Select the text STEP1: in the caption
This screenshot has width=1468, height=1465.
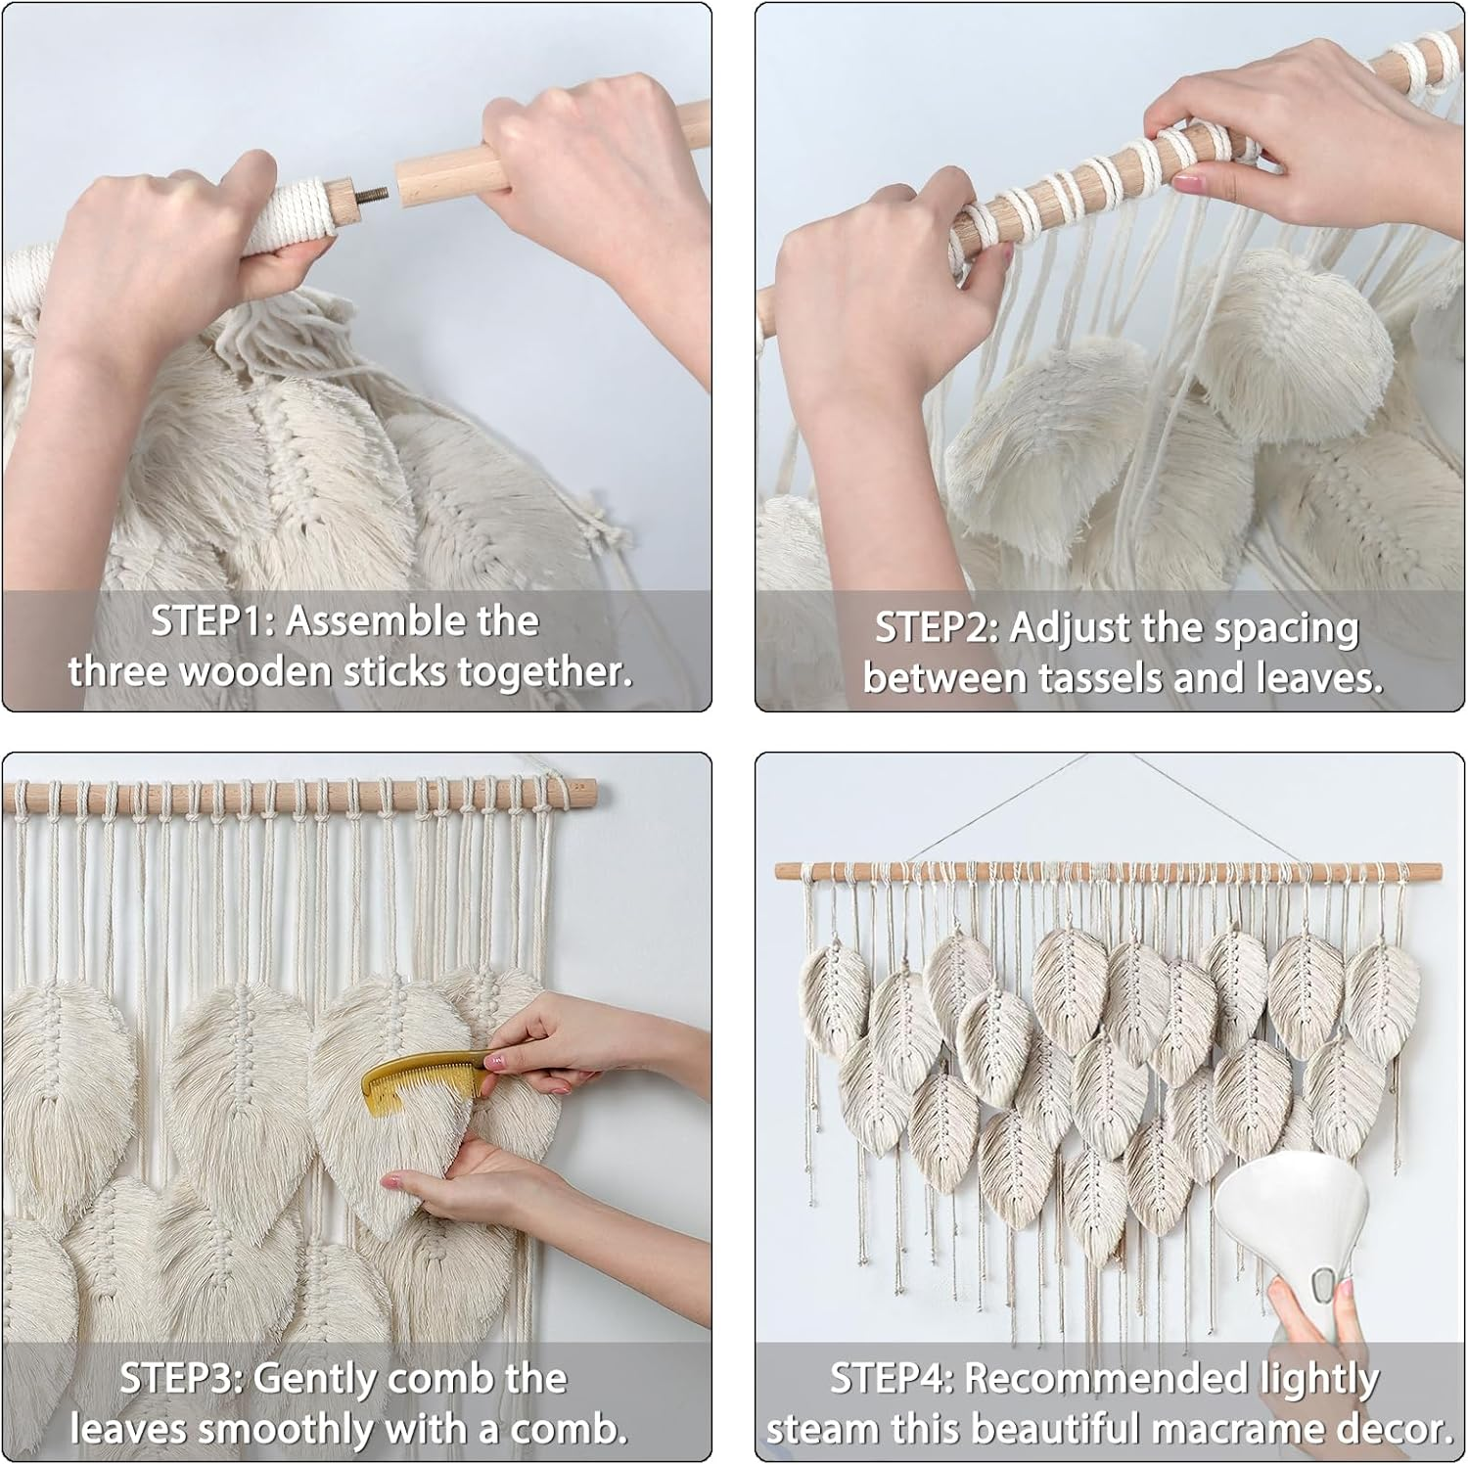(x=211, y=621)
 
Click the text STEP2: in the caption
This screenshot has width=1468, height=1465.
(x=936, y=628)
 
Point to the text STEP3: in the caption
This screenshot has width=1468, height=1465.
(x=181, y=1379)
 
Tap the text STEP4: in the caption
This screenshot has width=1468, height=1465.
(x=892, y=1379)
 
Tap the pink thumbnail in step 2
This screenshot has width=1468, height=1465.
(x=1186, y=182)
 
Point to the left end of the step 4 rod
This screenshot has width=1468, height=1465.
(x=783, y=871)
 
